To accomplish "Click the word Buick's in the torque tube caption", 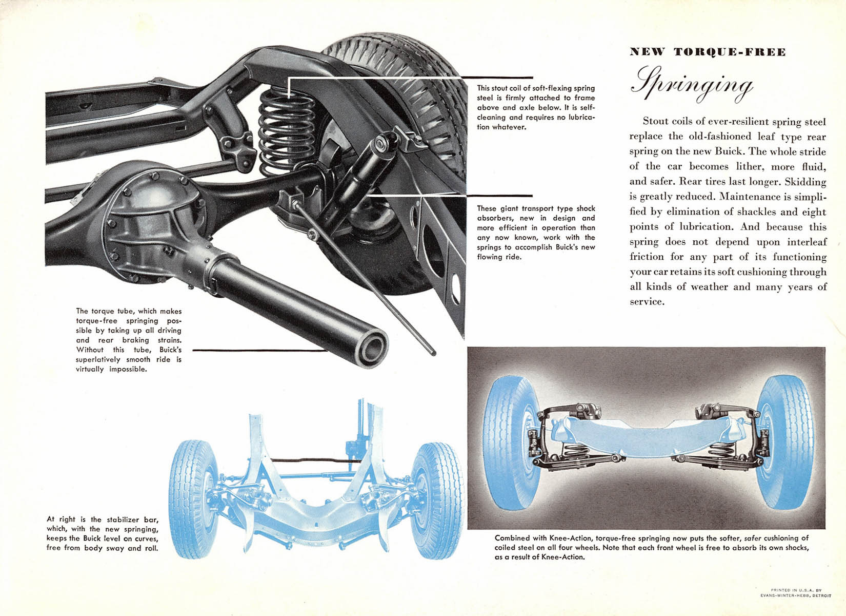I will click(169, 350).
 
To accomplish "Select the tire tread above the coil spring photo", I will click(390, 56).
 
